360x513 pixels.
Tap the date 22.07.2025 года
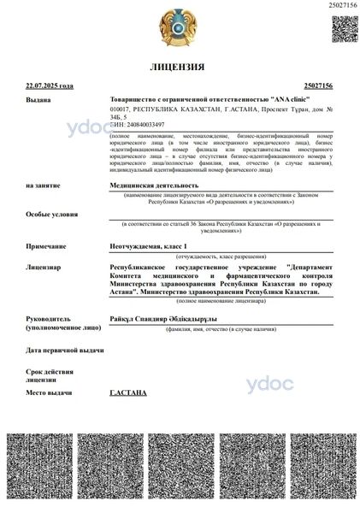[x=50, y=86]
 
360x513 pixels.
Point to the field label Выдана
[x=38, y=100]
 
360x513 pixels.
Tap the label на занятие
[x=44, y=185]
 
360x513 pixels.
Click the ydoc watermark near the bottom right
[x=270, y=384]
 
